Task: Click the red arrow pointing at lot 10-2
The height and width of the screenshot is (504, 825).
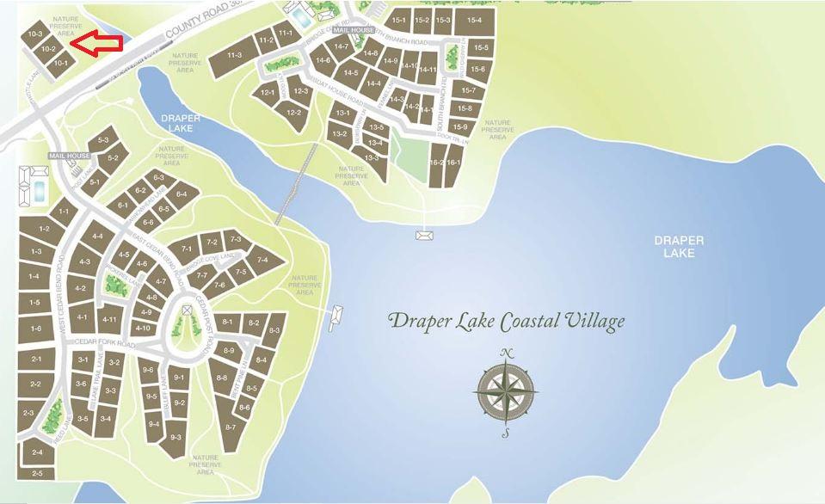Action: tap(95, 44)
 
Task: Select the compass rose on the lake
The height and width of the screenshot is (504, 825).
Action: tap(507, 392)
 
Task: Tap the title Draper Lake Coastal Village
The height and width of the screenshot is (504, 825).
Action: tap(507, 322)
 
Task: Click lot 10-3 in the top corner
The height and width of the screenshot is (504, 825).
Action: tap(35, 34)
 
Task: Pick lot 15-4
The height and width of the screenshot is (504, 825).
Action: tap(473, 20)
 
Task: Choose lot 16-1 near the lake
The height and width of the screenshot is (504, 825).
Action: tap(453, 163)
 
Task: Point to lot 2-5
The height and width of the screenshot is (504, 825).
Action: tap(37, 474)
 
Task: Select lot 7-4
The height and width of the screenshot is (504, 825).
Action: tap(262, 260)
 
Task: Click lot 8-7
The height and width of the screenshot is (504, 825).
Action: tap(230, 427)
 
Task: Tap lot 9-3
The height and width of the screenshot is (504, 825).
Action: tap(175, 437)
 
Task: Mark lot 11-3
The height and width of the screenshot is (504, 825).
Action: tap(234, 55)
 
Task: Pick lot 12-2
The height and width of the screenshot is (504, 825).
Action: tap(292, 113)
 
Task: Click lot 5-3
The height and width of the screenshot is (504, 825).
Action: tap(104, 139)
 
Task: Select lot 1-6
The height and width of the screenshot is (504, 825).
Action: tap(35, 329)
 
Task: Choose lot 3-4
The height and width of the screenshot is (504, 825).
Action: tap(106, 419)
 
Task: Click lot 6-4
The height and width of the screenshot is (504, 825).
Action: tap(181, 194)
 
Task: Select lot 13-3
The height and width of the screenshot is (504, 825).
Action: tap(372, 157)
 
